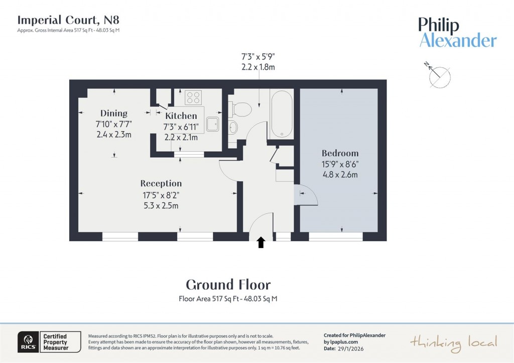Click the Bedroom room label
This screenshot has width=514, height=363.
pyautogui.click(x=340, y=153)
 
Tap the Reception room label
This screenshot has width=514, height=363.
pyautogui.click(x=161, y=183)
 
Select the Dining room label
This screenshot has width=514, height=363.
pyautogui.click(x=113, y=113)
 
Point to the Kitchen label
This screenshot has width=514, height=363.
pyautogui.click(x=181, y=116)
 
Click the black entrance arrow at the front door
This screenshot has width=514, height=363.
pyautogui.click(x=261, y=243)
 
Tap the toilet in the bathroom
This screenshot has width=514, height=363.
pyautogui.click(x=241, y=108)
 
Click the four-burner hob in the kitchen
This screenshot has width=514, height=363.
pyautogui.click(x=193, y=97)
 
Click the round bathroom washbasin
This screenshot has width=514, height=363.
pyautogui.click(x=233, y=127)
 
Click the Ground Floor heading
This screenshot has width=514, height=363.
pyautogui.click(x=228, y=285)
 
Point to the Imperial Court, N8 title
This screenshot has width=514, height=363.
pyautogui.click(x=68, y=20)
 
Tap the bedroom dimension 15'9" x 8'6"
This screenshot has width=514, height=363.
pyautogui.click(x=340, y=164)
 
